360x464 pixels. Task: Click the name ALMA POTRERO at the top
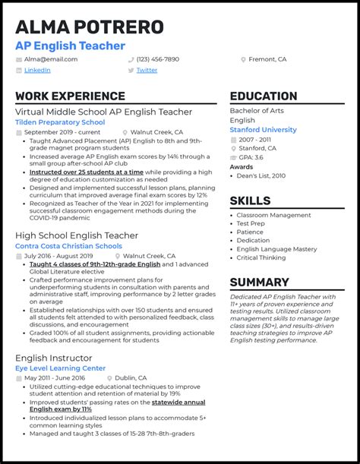click(x=90, y=27)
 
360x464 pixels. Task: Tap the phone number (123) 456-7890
click(x=158, y=59)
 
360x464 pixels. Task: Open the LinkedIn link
click(x=37, y=70)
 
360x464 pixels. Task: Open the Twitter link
click(x=147, y=70)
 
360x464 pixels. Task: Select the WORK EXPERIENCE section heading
click(x=66, y=96)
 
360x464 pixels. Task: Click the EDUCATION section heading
click(x=264, y=96)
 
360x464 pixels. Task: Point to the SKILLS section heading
click(x=250, y=201)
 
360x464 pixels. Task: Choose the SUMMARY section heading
click(x=259, y=283)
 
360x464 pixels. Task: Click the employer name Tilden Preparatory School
click(x=60, y=122)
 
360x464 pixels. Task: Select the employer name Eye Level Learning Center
click(x=61, y=368)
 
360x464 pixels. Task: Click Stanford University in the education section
click(x=263, y=130)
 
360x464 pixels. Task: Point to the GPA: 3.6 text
click(x=253, y=158)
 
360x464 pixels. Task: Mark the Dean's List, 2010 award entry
click(x=262, y=176)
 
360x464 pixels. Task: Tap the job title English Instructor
click(x=54, y=358)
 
